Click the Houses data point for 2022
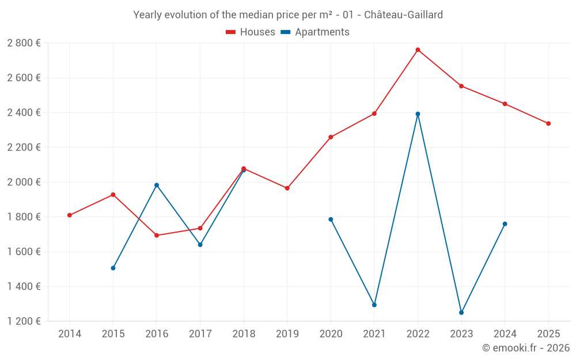coord(418,50)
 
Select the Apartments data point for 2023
coord(461,313)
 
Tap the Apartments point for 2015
coord(113,268)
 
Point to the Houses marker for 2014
coord(70,215)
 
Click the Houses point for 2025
coord(548,123)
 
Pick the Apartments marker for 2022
coord(418,114)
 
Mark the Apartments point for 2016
coord(157,185)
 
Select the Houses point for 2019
coord(287,188)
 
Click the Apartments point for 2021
coord(374,305)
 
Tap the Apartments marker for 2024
coord(505,224)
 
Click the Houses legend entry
coord(251,32)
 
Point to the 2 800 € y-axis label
coord(24,43)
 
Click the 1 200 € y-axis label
coord(24,321)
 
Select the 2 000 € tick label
coord(24,182)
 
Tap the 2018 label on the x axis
coord(244,334)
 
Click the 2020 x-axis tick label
coord(331,334)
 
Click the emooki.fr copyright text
coord(526,348)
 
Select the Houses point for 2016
coord(157,235)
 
